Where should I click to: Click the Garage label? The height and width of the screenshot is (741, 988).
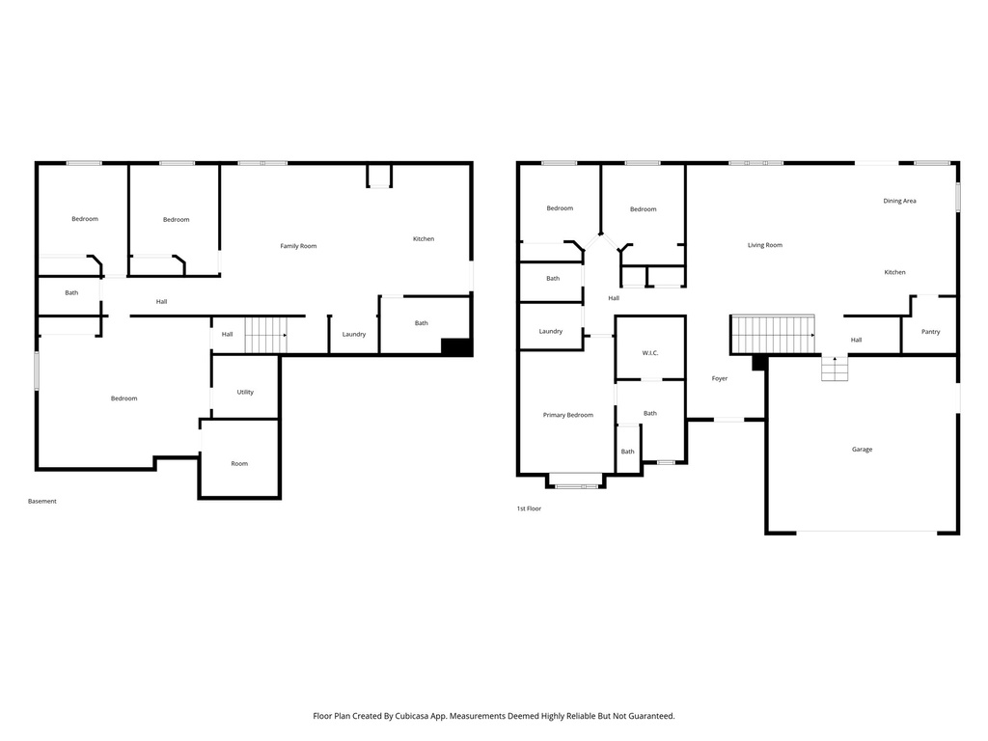click(862, 450)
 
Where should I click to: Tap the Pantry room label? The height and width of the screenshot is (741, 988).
click(930, 332)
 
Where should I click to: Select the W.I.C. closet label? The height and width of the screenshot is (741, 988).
click(649, 353)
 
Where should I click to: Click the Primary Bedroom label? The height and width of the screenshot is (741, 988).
click(567, 415)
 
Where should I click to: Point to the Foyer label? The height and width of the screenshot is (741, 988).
click(719, 378)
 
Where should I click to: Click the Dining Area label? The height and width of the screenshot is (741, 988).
click(899, 201)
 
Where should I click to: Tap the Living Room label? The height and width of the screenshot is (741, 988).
click(764, 245)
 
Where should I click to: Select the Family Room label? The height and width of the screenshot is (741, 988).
click(298, 246)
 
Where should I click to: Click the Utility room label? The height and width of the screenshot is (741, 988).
click(245, 392)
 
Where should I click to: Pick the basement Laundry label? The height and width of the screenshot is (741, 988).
click(353, 334)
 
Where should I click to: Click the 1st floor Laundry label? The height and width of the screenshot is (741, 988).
click(550, 331)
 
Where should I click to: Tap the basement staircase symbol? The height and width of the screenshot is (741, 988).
click(265, 335)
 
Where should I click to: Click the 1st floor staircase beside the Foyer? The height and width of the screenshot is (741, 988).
click(773, 335)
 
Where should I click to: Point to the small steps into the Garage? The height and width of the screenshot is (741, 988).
click(835, 368)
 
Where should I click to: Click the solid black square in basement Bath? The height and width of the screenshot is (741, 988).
click(455, 347)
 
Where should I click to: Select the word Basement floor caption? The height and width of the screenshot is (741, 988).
click(42, 501)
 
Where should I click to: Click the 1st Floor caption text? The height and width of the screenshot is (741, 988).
click(529, 508)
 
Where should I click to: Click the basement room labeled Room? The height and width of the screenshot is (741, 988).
click(239, 463)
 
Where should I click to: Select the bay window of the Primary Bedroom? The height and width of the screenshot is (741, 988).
click(575, 480)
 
